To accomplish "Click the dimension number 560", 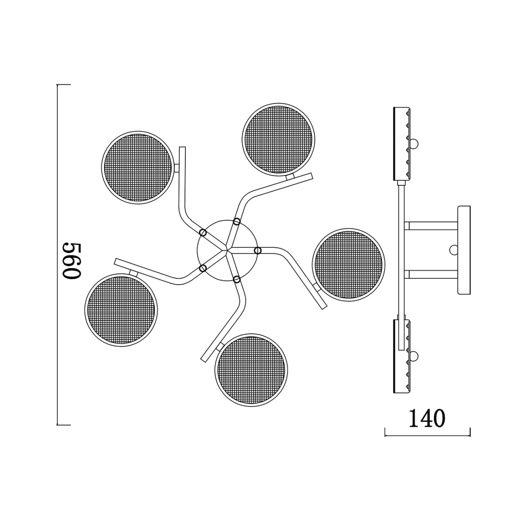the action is [x=72, y=261].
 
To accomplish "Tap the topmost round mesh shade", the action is [x=278, y=139].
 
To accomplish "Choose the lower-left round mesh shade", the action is [x=121, y=310].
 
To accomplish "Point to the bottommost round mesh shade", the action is [x=251, y=370].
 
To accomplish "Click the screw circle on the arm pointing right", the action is [x=258, y=251].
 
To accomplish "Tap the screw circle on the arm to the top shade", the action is [x=236, y=222].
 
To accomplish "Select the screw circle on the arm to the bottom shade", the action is [x=236, y=279].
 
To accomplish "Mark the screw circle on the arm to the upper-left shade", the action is [x=203, y=233].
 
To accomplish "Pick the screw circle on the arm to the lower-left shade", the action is [x=203, y=268].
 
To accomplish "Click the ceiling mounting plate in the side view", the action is [x=464, y=250].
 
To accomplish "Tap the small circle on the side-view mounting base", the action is [x=454, y=250].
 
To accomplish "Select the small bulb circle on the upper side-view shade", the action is [x=414, y=144].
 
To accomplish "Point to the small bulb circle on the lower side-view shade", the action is [x=414, y=356].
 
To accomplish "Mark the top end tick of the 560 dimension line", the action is [x=64, y=85].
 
